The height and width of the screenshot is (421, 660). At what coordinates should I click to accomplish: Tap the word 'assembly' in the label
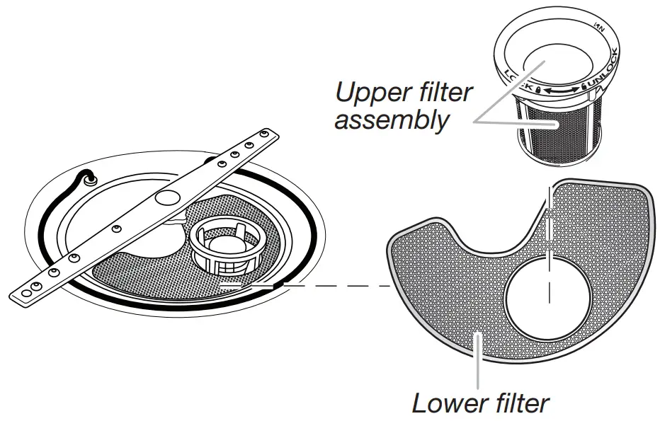pos(392,120)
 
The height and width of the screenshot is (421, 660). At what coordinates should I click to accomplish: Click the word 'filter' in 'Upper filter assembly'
pos(443,93)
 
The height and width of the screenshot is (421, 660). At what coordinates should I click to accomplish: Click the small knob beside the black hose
pos(91,180)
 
